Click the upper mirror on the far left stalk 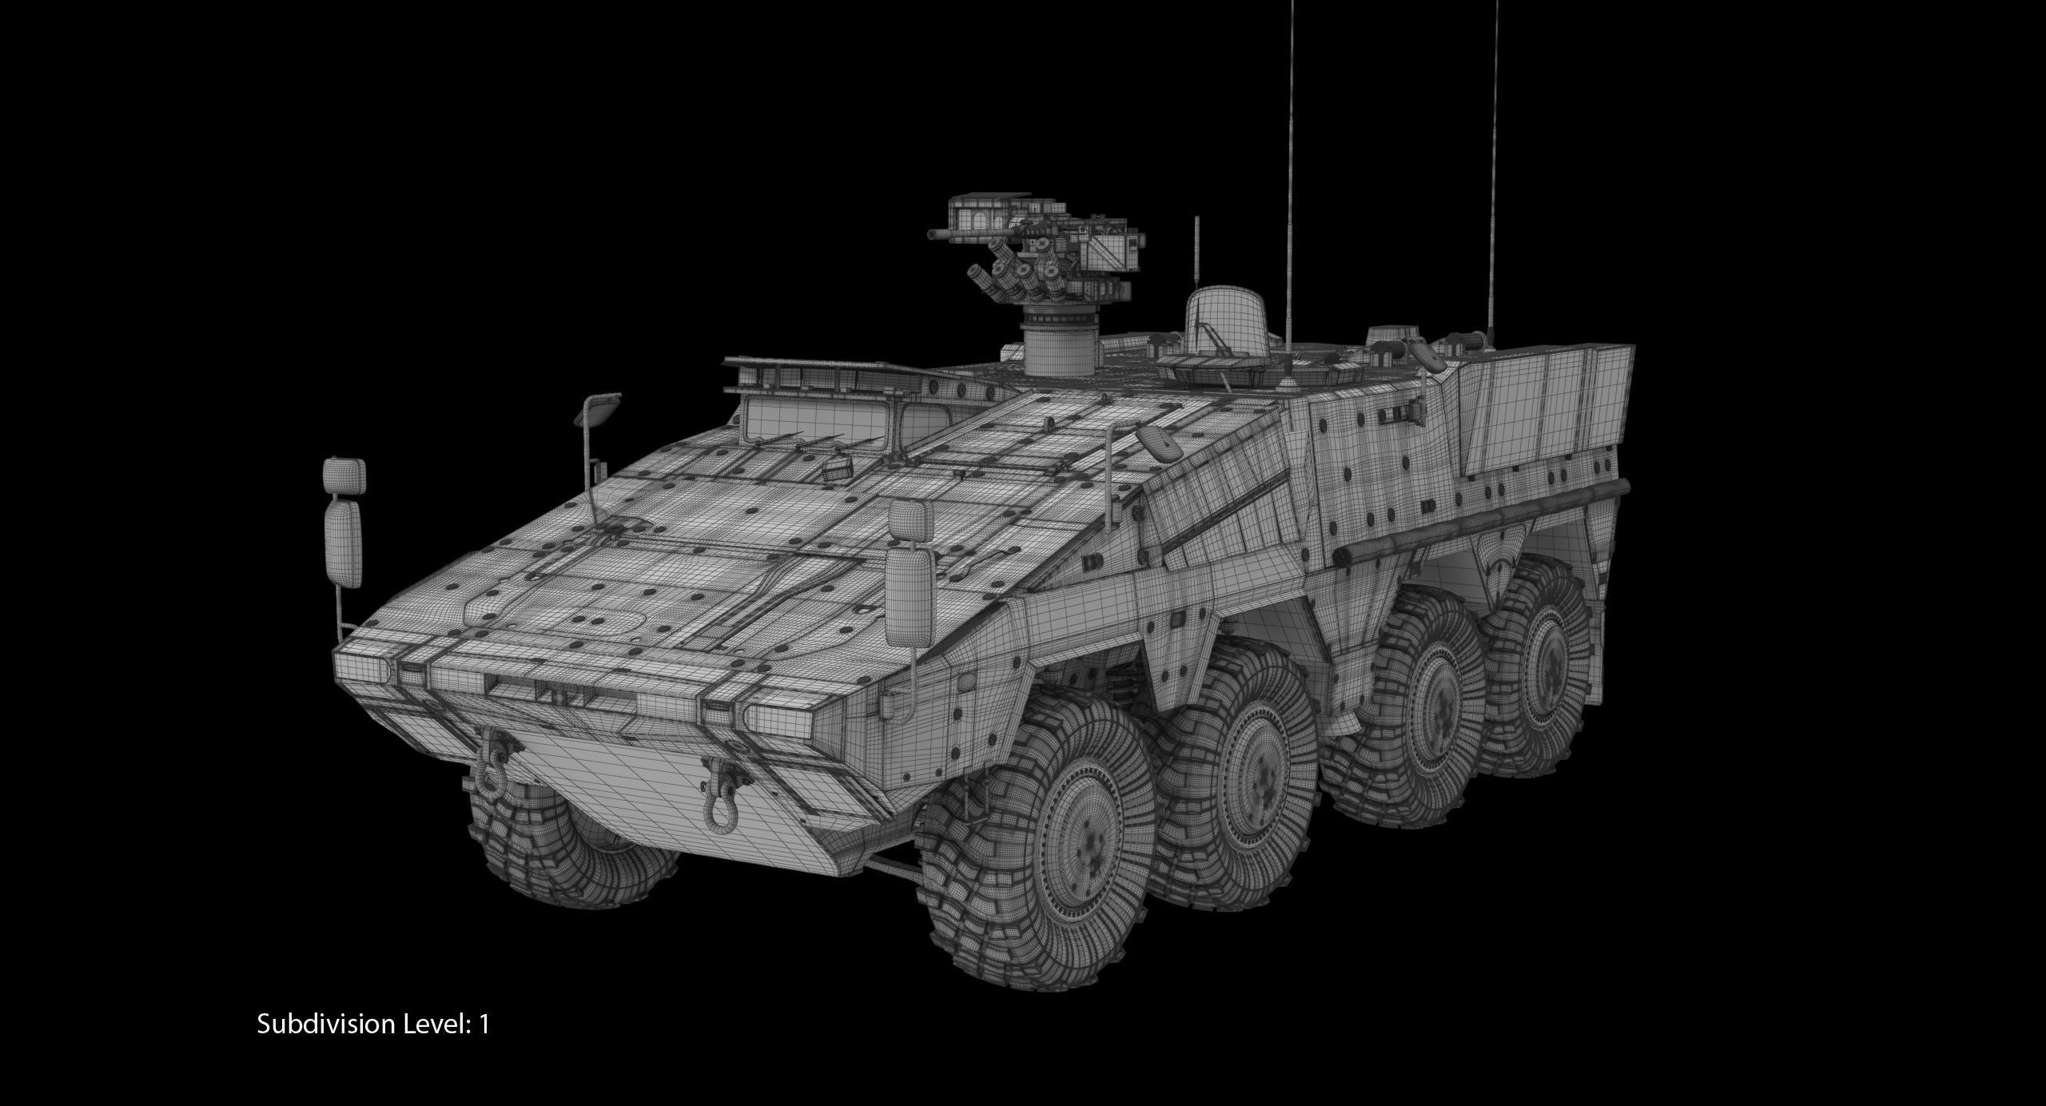344,477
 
